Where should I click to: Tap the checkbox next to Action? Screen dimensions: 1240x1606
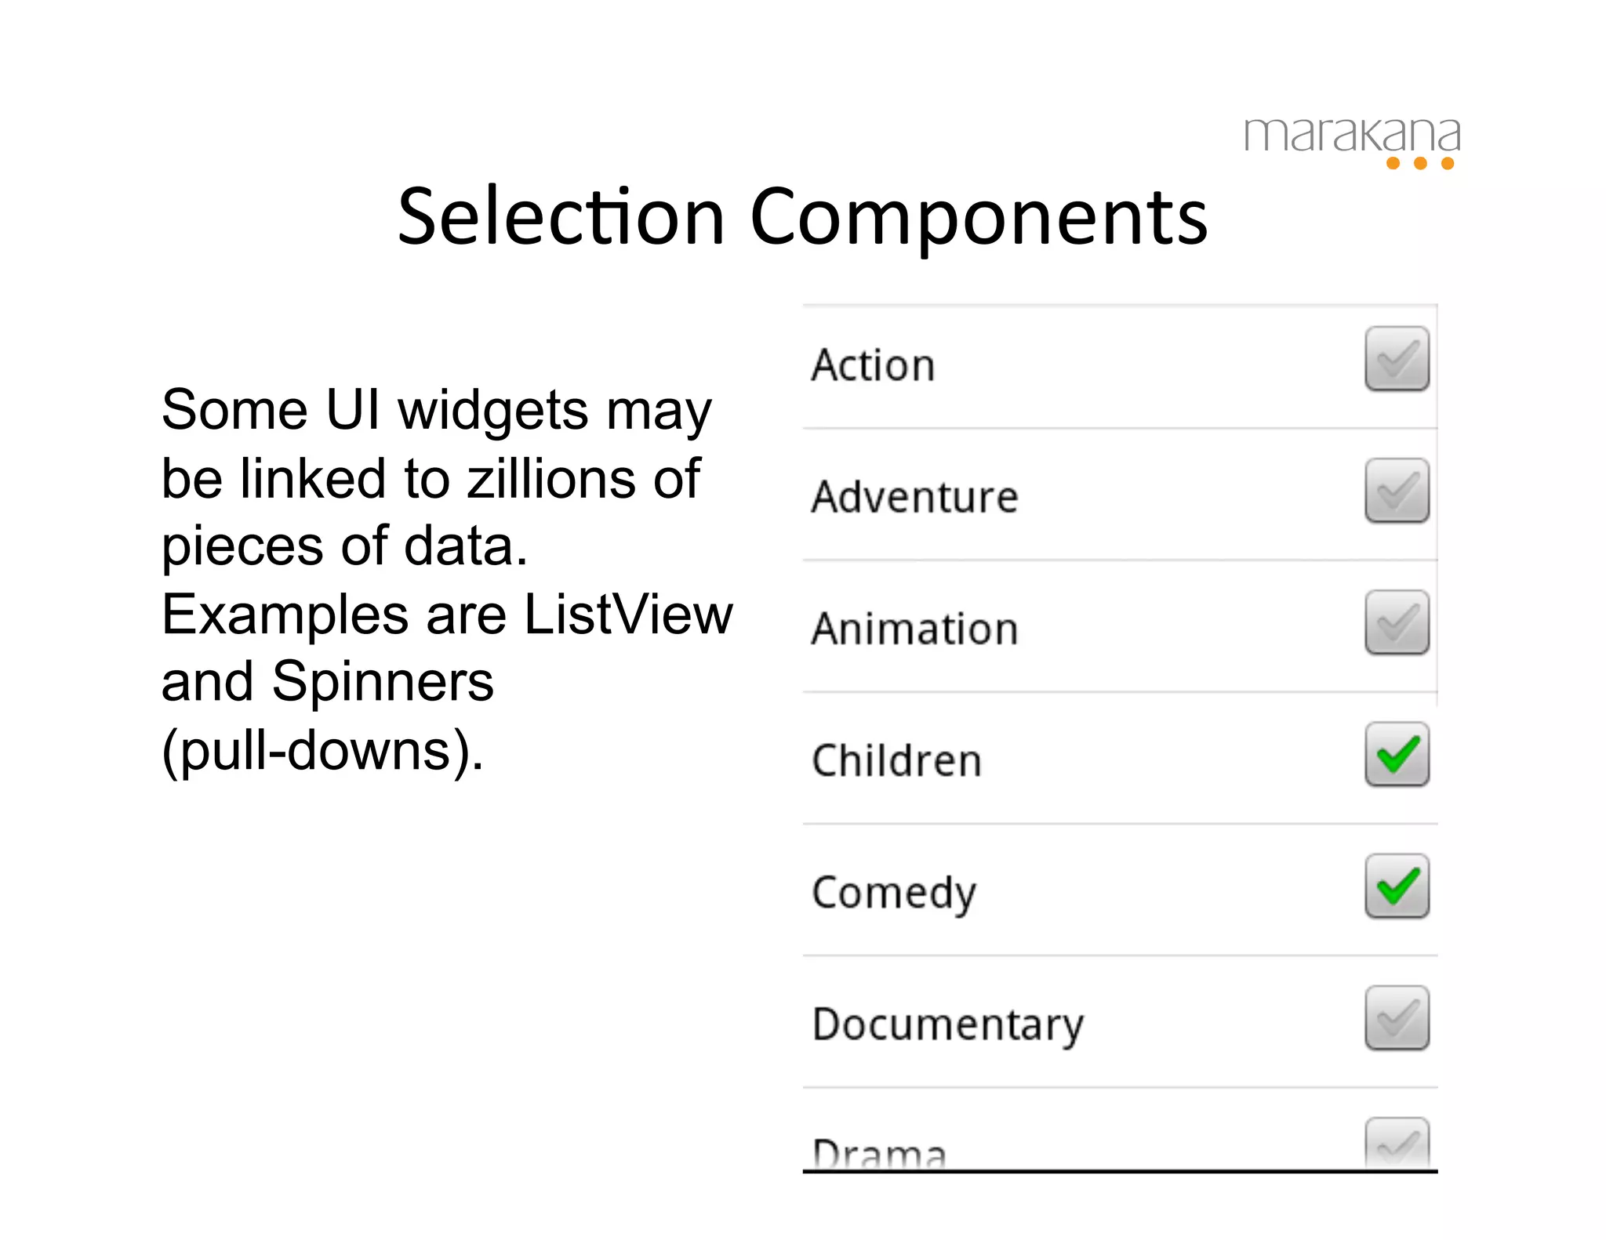[x=1396, y=359]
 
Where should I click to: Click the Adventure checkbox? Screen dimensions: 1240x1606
[x=1396, y=491]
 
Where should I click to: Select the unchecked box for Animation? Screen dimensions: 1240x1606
[x=1396, y=622]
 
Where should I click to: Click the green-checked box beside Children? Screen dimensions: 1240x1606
[x=1396, y=754]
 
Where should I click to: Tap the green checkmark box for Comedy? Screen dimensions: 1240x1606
[x=1396, y=886]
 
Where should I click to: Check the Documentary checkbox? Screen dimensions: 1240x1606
[x=1396, y=1017]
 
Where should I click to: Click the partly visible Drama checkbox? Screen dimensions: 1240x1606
[x=1396, y=1144]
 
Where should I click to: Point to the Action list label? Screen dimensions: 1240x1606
[x=873, y=365]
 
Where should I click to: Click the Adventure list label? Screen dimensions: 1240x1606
[x=914, y=497]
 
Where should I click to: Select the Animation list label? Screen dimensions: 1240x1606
[x=914, y=629]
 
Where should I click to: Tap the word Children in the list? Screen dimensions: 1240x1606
[x=896, y=760]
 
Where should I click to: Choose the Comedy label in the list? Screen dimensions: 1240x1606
[x=894, y=894]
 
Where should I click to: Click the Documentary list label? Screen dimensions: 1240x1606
[x=947, y=1025]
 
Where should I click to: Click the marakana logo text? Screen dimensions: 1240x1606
[x=1351, y=135]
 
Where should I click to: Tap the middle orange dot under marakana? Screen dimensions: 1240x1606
[x=1419, y=163]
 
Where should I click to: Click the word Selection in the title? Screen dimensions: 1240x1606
[x=561, y=217]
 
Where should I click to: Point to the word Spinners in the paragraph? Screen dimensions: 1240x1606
[x=383, y=681]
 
